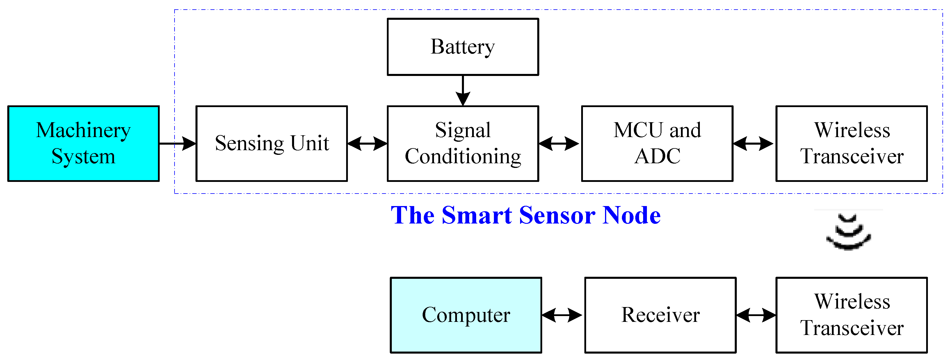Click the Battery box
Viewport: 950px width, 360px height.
(462, 47)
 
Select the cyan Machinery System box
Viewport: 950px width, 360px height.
(83, 143)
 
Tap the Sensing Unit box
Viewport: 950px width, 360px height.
(271, 143)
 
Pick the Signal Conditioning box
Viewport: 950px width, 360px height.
(462, 143)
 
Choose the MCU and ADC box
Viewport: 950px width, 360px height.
(657, 143)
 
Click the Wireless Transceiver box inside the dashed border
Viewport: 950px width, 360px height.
(851, 143)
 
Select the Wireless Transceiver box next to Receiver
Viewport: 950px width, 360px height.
(851, 315)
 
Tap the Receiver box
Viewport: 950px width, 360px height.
(660, 315)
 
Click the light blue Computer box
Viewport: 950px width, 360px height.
(466, 315)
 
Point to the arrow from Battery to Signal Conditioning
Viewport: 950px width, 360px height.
(462, 91)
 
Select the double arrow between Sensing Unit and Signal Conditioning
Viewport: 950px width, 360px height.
(367, 143)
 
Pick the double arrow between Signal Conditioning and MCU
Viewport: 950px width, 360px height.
(559, 143)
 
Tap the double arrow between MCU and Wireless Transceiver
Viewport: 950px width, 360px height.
(753, 143)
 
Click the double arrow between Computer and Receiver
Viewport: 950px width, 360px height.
(562, 315)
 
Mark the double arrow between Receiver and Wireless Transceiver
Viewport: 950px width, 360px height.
(756, 315)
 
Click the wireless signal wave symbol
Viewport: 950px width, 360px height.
(848, 232)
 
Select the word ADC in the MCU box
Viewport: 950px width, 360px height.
(657, 156)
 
